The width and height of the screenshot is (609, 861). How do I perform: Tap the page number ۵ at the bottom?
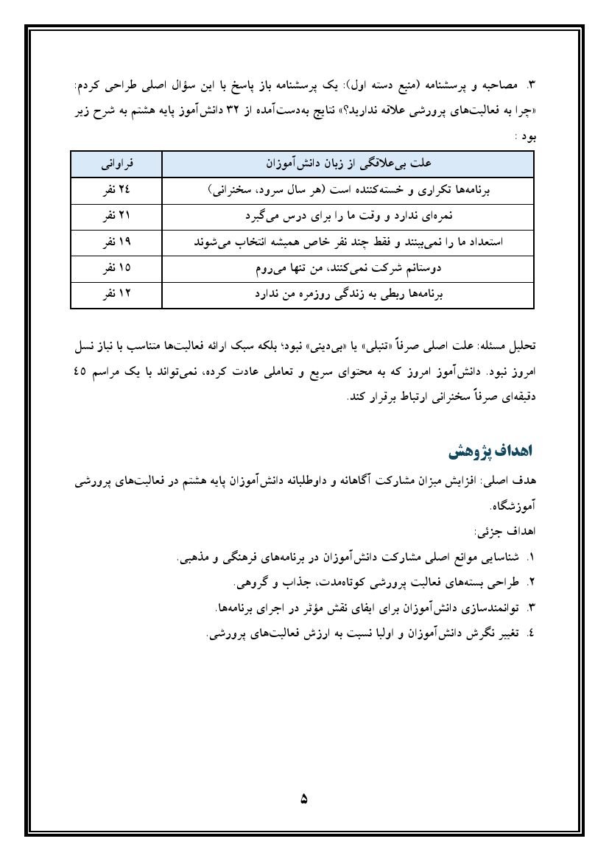pyautogui.click(x=304, y=798)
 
